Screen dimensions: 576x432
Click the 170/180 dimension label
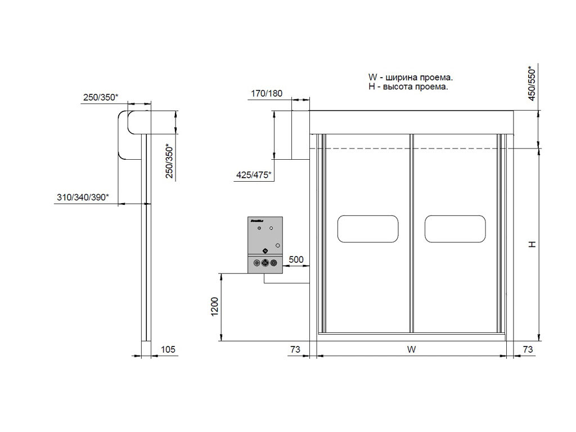tap(266, 93)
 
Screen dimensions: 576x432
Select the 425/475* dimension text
tap(254, 175)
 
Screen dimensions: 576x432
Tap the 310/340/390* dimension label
tap(83, 197)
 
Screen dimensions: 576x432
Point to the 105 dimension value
tap(168, 349)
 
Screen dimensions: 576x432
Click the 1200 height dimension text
tap(214, 306)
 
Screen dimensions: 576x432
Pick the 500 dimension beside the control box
tap(296, 260)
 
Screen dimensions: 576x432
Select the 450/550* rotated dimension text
tap(532, 84)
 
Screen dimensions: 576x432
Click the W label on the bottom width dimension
tap(411, 349)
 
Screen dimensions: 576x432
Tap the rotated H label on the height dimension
tap(532, 244)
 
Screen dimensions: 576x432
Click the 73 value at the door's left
tap(295, 349)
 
